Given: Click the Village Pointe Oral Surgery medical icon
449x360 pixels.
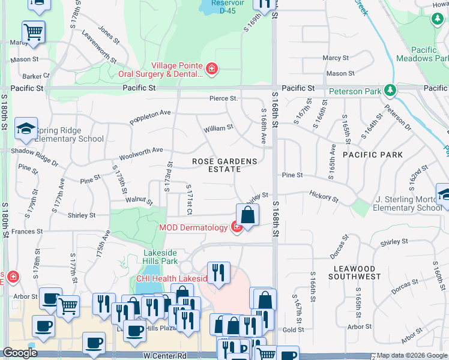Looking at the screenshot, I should click(x=211, y=70).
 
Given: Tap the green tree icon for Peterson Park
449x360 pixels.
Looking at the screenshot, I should click(x=391, y=91).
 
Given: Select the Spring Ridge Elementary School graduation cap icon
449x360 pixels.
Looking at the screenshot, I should click(x=26, y=128).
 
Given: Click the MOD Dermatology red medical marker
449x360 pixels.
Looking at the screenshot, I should click(x=237, y=227).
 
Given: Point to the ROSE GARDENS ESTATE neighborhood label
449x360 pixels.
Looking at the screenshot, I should click(x=224, y=166).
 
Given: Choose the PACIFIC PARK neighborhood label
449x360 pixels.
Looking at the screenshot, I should click(x=369, y=155).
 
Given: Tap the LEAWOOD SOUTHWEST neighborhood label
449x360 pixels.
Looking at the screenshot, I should click(x=355, y=272).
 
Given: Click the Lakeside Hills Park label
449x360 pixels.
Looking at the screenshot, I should click(x=160, y=257).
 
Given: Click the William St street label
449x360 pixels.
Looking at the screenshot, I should click(x=218, y=128).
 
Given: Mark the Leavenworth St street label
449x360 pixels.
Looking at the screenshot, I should click(x=98, y=48).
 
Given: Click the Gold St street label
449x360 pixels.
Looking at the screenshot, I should click(x=294, y=329).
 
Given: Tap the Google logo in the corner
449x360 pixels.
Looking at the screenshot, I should click(x=20, y=353).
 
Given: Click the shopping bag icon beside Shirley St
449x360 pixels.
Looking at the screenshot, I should click(x=247, y=214).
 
